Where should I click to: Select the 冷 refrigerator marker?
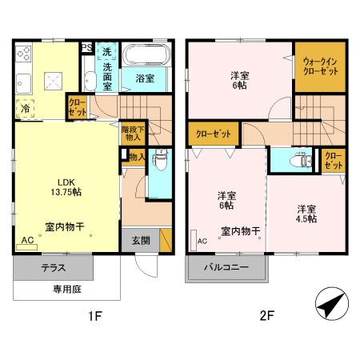click(x=26, y=108)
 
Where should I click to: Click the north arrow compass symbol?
click(x=331, y=304)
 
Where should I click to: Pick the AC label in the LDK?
click(x=27, y=240)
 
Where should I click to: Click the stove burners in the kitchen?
click(x=22, y=56)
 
